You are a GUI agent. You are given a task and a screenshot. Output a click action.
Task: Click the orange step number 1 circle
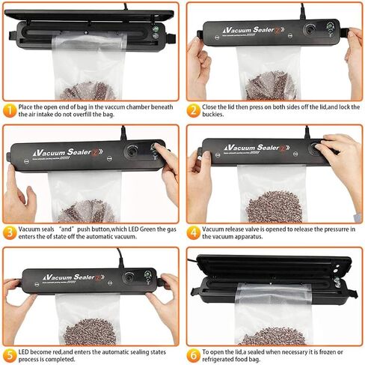click(10, 110)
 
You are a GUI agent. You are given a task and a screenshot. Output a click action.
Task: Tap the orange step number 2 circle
click(193, 110)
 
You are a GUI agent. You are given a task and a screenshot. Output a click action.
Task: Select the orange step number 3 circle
click(10, 232)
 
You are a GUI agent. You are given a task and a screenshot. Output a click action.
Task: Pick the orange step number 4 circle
click(193, 232)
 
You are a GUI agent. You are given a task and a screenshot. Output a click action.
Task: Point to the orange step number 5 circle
click(10, 355)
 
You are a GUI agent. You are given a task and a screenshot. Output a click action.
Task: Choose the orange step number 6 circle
click(193, 355)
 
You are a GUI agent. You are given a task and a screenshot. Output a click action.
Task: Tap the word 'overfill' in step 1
click(83, 115)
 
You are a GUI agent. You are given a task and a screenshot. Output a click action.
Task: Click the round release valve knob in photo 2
click(310, 29)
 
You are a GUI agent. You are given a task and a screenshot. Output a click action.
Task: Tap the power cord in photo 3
click(123, 133)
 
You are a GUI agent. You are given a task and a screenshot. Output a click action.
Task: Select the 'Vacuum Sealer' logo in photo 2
click(254, 30)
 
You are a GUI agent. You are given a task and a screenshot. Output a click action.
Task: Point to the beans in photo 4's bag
click(274, 207)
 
